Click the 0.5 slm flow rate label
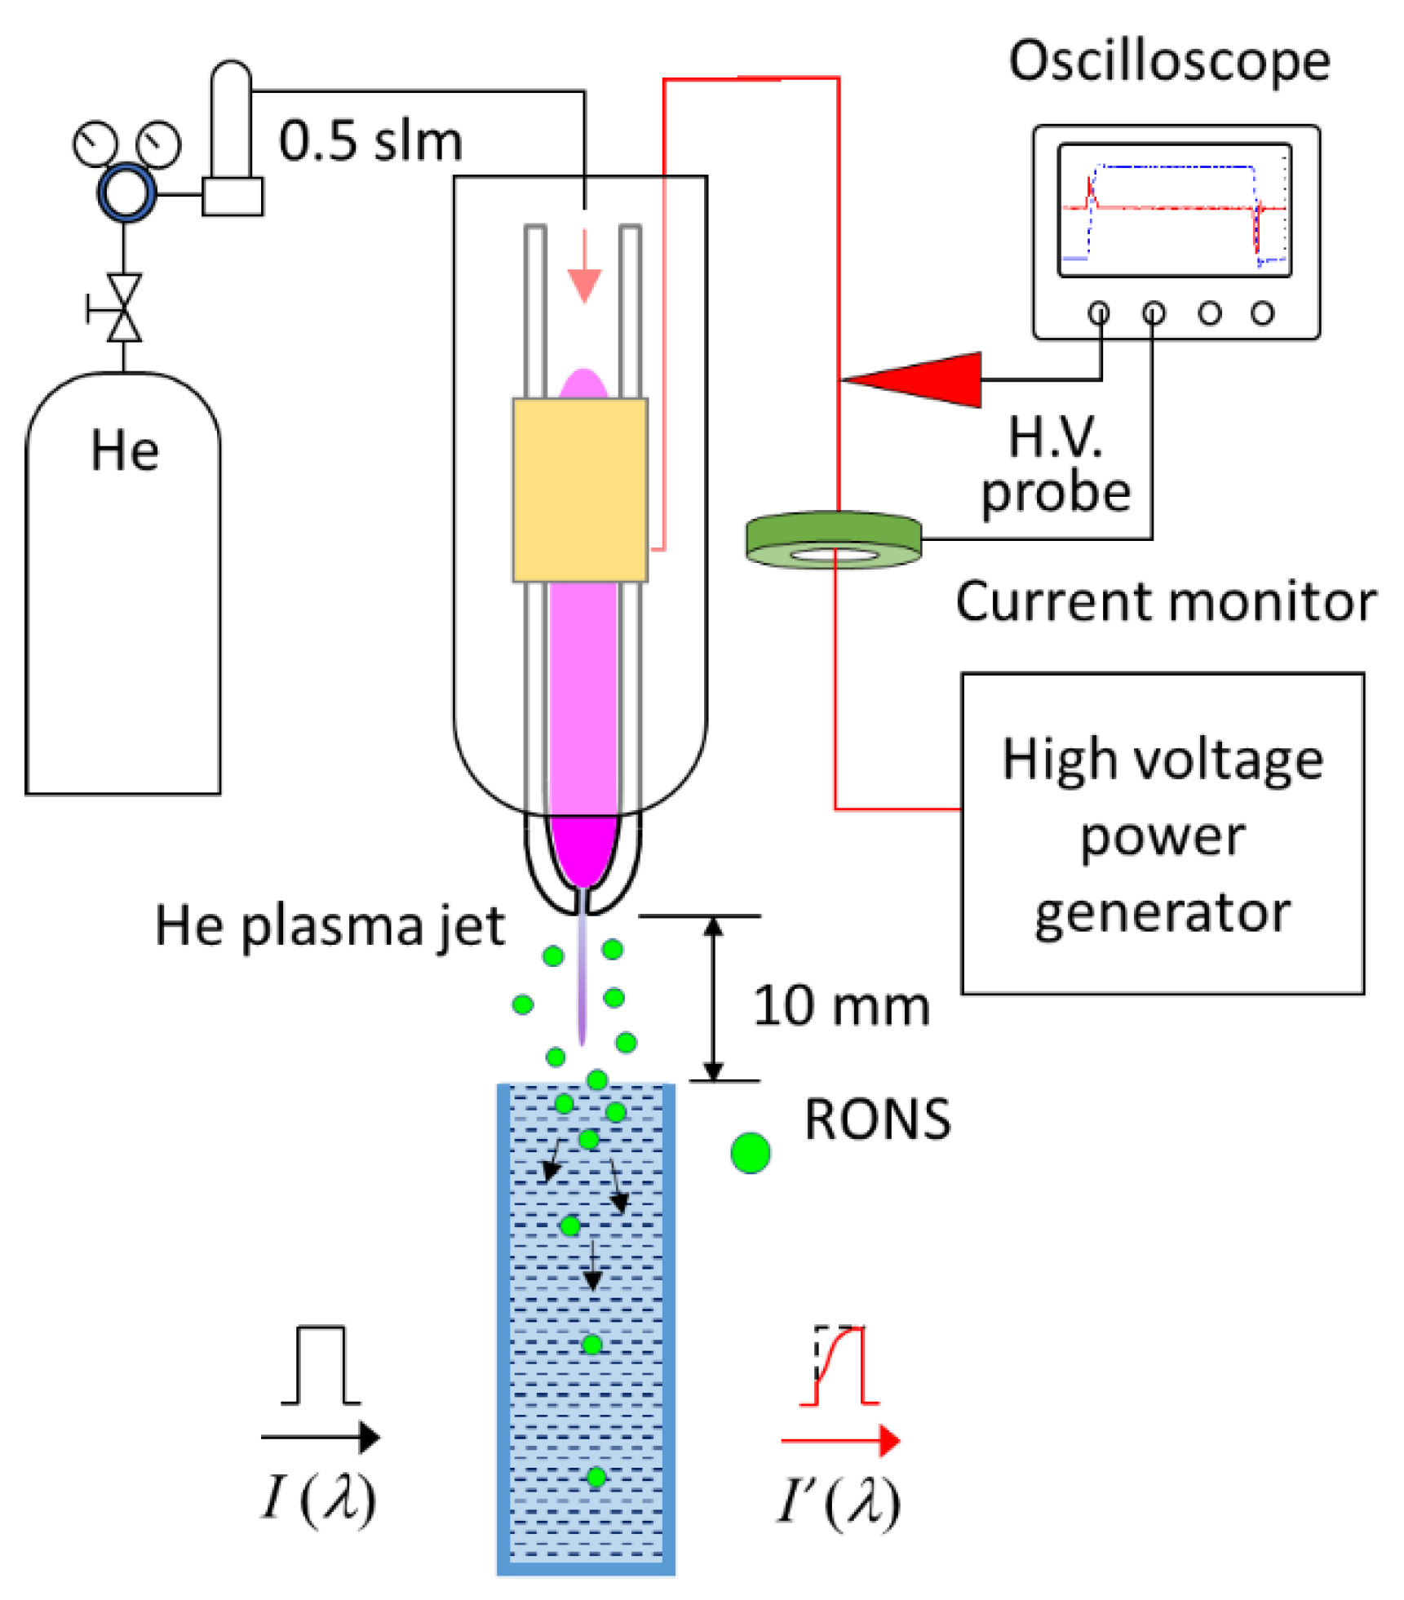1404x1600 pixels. (370, 141)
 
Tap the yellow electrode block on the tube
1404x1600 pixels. (579, 489)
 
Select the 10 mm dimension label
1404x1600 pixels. (840, 1005)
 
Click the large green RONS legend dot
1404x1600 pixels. (750, 1152)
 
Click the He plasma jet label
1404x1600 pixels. (330, 926)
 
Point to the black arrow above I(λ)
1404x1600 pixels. (320, 1437)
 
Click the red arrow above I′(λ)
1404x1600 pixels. (840, 1440)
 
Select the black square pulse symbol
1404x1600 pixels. (321, 1365)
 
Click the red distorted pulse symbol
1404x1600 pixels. (840, 1365)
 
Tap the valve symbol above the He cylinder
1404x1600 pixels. (124, 308)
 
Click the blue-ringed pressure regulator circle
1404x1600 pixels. (126, 193)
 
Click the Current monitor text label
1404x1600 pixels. (1165, 601)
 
